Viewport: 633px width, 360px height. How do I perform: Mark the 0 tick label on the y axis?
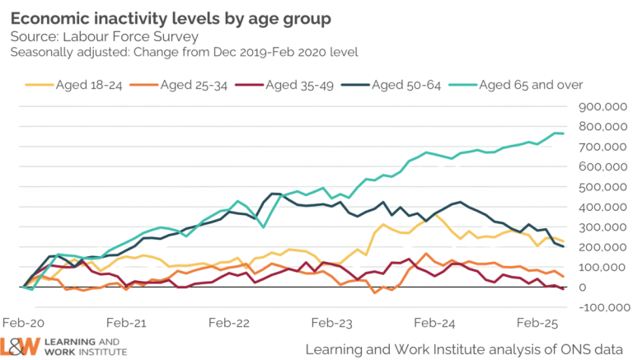[x=584, y=288]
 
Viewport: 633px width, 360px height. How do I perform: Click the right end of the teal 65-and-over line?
[x=565, y=133]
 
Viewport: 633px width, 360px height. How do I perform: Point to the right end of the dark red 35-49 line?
[x=565, y=289]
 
